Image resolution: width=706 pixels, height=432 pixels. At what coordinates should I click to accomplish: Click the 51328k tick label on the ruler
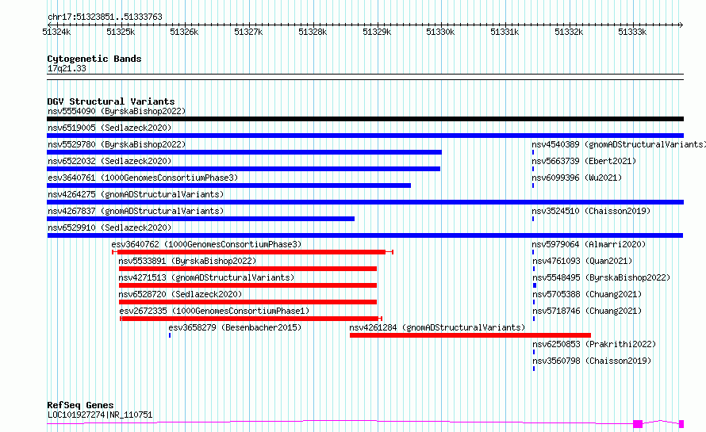[x=313, y=32]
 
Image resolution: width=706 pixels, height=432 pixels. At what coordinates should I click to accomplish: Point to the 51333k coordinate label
[x=632, y=32]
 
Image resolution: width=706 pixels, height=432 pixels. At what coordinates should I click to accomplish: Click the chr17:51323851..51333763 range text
[x=105, y=17]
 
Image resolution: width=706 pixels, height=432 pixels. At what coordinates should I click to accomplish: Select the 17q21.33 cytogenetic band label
[x=67, y=68]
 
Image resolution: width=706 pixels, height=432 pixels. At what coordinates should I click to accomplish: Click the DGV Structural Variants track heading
[x=111, y=101]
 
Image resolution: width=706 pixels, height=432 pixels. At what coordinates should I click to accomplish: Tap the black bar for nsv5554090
[x=365, y=119]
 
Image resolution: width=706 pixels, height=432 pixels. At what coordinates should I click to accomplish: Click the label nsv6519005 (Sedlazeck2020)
[x=109, y=128]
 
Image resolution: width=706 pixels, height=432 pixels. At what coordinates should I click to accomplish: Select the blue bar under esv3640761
[x=228, y=185]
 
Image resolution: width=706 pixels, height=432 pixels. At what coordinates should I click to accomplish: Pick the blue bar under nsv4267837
[x=201, y=219]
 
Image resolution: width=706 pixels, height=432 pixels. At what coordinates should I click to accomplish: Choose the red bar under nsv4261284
[x=470, y=335]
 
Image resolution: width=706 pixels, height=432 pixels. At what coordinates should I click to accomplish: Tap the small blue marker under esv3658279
[x=170, y=335]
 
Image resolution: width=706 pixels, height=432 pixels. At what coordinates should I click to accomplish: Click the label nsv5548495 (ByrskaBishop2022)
[x=601, y=277]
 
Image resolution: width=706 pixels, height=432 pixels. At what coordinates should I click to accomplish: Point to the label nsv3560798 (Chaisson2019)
[x=592, y=361]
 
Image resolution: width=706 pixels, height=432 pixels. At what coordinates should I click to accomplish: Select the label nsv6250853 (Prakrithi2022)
[x=594, y=344]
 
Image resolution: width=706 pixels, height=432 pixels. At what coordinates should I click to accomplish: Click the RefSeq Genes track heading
[x=80, y=405]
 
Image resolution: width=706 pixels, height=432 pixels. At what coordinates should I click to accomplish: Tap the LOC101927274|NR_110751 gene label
[x=100, y=415]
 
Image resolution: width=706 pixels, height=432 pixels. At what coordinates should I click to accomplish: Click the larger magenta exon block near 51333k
[x=638, y=424]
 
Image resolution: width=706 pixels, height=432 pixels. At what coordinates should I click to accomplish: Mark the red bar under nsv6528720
[x=247, y=302]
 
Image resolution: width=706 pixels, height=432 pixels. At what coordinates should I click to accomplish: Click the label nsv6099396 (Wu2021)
[x=577, y=178]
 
